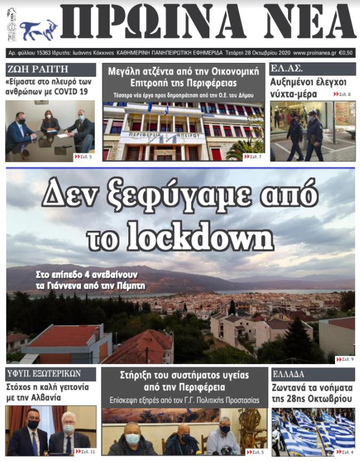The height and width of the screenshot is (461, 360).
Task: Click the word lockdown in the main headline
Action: tap(201, 238)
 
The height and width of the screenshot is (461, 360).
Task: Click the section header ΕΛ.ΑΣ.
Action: tap(287, 69)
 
